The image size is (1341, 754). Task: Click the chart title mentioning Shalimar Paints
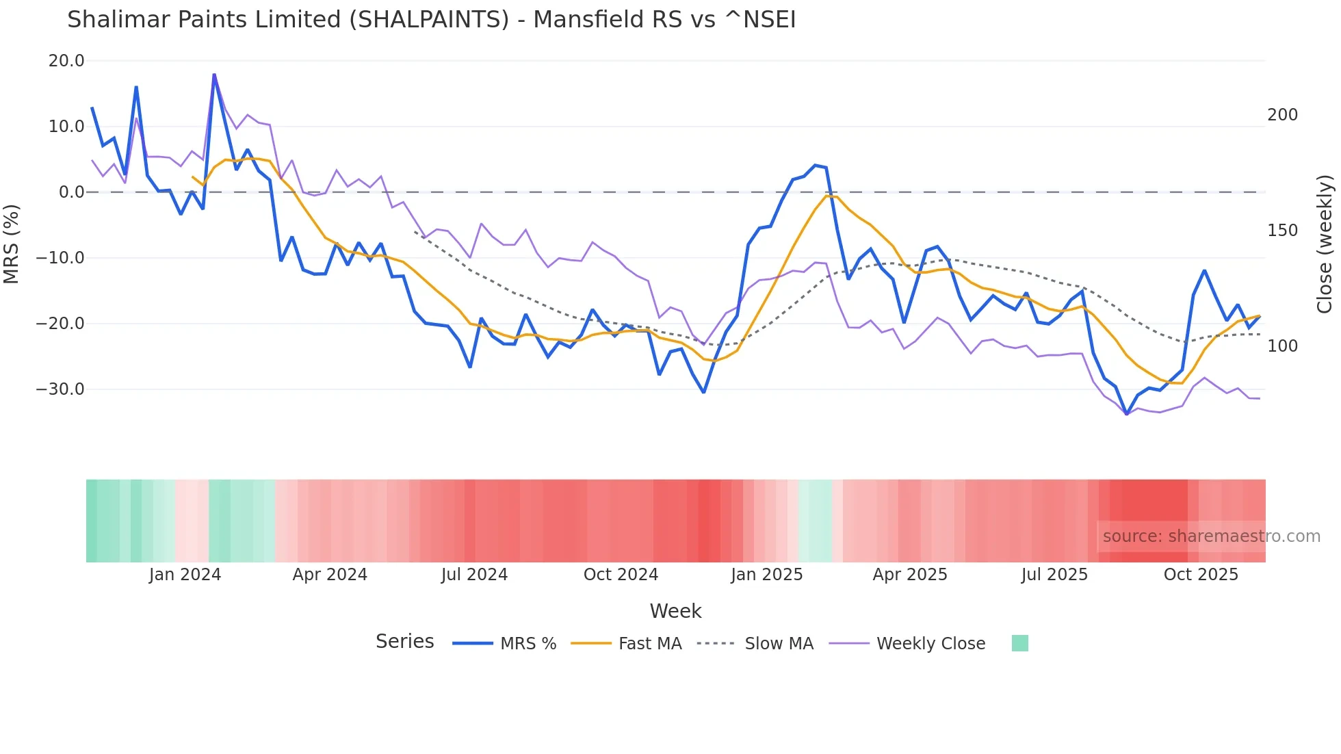(x=431, y=20)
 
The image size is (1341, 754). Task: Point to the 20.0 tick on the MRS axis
(x=66, y=61)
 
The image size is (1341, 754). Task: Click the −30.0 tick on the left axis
(x=60, y=389)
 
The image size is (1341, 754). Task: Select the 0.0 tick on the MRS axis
(x=71, y=192)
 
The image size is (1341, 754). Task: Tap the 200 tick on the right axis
(x=1282, y=115)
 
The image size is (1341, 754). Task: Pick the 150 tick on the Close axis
(x=1282, y=231)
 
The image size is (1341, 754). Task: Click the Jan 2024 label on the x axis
(x=185, y=575)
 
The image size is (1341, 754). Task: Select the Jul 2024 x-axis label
(x=474, y=575)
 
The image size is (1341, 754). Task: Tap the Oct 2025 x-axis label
(x=1201, y=575)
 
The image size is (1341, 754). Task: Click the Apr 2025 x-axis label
(x=909, y=575)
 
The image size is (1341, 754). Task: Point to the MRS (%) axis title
(x=12, y=244)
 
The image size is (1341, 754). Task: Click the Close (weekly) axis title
(x=1325, y=244)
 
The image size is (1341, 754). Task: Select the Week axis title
(x=675, y=611)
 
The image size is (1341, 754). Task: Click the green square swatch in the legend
(x=1019, y=643)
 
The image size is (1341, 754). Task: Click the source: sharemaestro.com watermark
(x=1211, y=536)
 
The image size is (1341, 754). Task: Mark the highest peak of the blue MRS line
(x=214, y=75)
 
